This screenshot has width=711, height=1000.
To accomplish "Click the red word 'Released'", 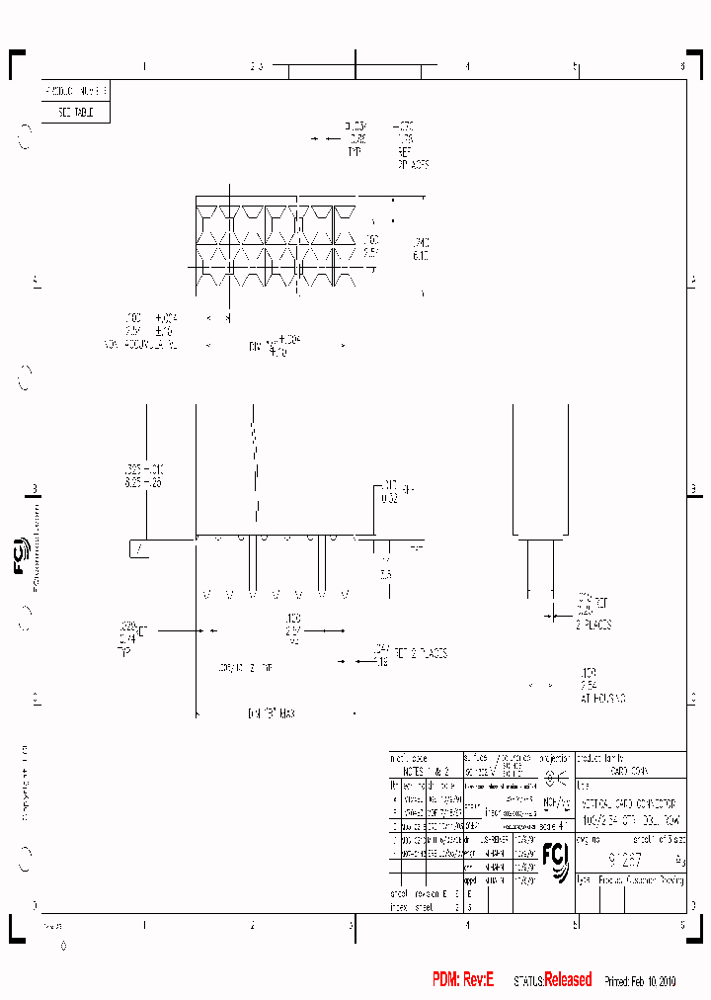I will coord(568,979).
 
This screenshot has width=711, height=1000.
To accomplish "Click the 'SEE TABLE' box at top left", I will coord(75,113).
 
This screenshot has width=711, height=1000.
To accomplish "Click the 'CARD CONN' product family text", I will coord(629,770).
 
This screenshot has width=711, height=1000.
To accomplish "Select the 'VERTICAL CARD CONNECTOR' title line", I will coord(628,806).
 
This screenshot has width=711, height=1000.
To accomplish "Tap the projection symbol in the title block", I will coord(556,771).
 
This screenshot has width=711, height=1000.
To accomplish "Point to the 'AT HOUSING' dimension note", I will coord(603,698).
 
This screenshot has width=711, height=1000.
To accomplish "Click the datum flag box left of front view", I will coord(140,548).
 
